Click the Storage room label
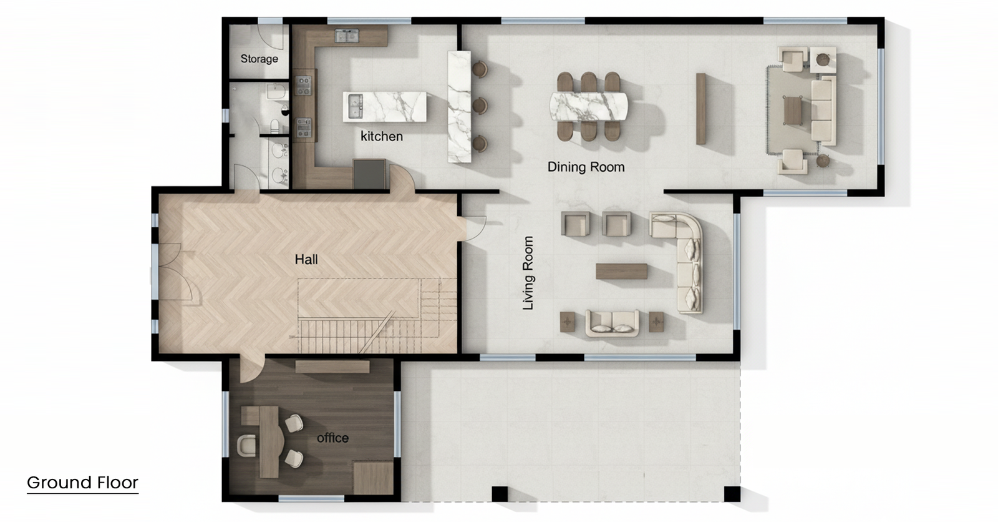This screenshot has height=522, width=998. pyautogui.click(x=259, y=59)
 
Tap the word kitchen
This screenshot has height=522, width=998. pyautogui.click(x=381, y=137)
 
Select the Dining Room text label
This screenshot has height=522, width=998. pyautogui.click(x=586, y=167)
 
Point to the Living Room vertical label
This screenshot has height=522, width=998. pyautogui.click(x=528, y=273)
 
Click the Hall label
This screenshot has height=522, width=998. pyautogui.click(x=306, y=259)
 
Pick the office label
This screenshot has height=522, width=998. pyautogui.click(x=332, y=438)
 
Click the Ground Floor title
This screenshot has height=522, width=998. pyautogui.click(x=82, y=482)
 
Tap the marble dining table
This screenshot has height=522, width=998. pyautogui.click(x=589, y=106)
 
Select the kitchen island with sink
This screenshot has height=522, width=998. pyautogui.click(x=384, y=107)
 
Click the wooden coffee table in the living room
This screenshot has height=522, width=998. pyautogui.click(x=621, y=271)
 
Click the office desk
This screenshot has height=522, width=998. pyautogui.click(x=266, y=440)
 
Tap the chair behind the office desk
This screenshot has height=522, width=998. pyautogui.click(x=246, y=446)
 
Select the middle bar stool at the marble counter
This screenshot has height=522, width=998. pyautogui.click(x=480, y=106)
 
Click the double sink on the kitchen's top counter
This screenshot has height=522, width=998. pyautogui.click(x=347, y=36)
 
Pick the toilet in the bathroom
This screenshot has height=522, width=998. pyautogui.click(x=275, y=126)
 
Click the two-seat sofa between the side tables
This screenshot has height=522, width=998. pyautogui.click(x=612, y=323)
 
